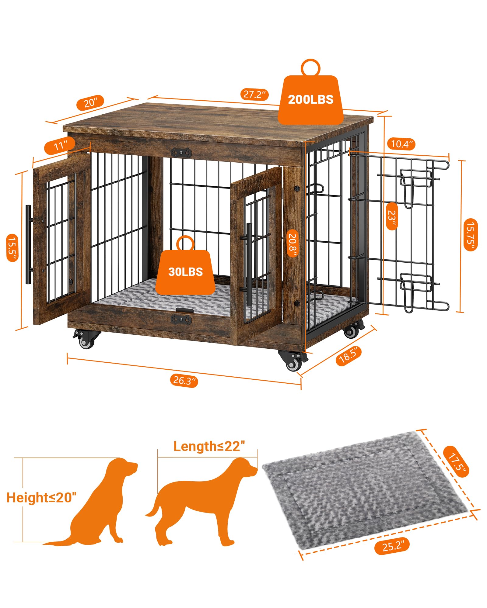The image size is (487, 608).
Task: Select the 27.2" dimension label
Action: [x=254, y=94]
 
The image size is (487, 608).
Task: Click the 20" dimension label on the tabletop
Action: [x=90, y=103]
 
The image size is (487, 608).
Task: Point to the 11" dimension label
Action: [x=60, y=146]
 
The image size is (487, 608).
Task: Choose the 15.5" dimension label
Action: [x=12, y=248]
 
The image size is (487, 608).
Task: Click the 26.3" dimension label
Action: [x=184, y=380]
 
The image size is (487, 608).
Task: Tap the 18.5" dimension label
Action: [x=350, y=355]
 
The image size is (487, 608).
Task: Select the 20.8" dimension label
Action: [x=293, y=242]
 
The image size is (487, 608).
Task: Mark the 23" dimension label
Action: [x=392, y=216]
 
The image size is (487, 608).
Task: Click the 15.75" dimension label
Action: [x=470, y=234]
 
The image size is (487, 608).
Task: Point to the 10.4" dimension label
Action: [x=401, y=144]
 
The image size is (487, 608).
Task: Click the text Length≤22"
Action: [x=209, y=447]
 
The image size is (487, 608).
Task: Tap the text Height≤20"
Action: [x=41, y=498]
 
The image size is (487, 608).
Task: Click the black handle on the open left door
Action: [x=28, y=245]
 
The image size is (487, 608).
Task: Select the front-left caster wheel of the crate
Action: [x=86, y=340]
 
